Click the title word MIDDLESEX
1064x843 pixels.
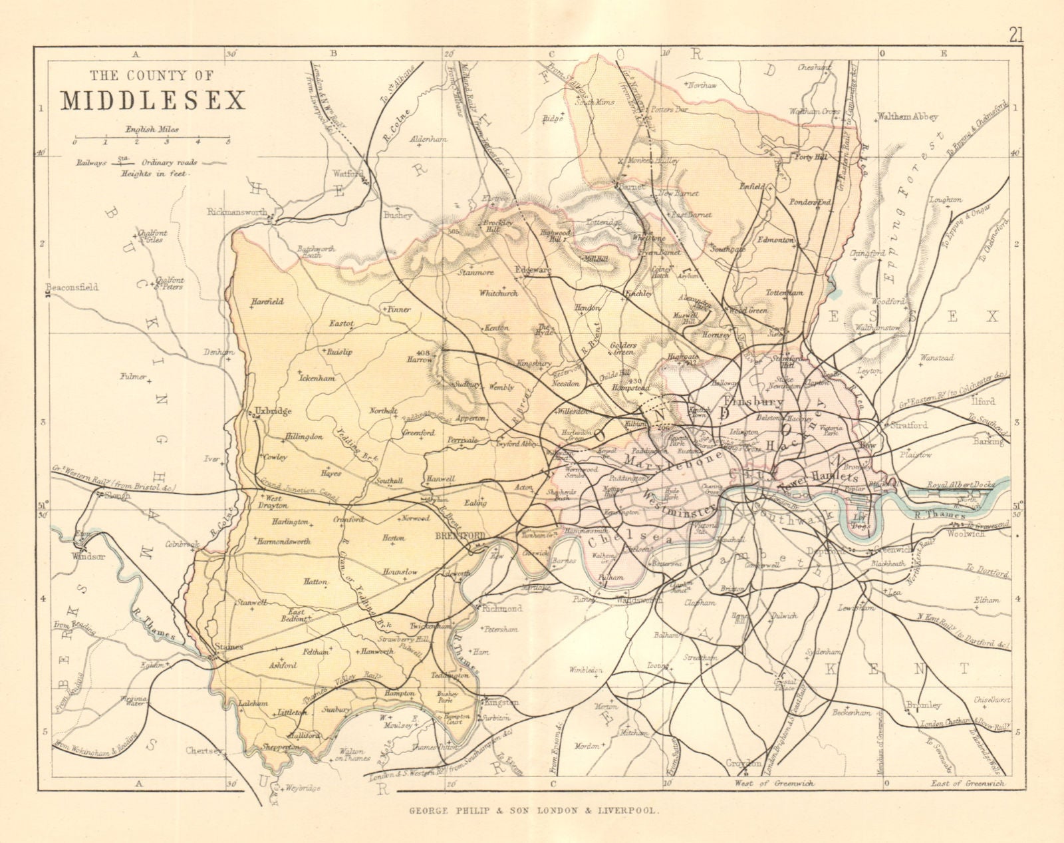(x=154, y=98)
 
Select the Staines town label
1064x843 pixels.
(x=228, y=646)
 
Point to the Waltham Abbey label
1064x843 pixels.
(x=907, y=116)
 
